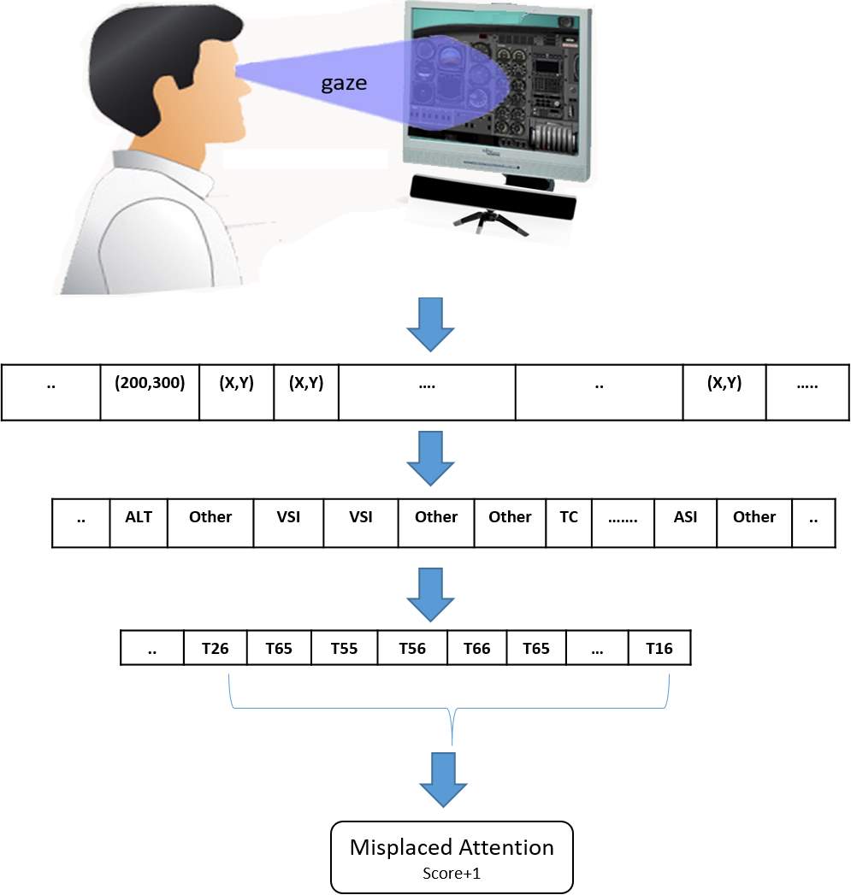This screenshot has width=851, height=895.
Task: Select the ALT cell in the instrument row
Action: coord(139,523)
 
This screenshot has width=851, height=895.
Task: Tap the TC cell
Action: coord(568,523)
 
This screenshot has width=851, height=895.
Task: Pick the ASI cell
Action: coord(685,523)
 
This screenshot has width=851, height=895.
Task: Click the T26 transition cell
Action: coord(216,648)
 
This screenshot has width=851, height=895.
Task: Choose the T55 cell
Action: coord(344,648)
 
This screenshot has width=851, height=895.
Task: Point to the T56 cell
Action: coord(411,648)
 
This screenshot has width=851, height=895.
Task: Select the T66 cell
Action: coord(476,648)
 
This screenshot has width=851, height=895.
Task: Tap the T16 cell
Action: coord(659,648)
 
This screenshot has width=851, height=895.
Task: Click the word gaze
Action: coord(344,84)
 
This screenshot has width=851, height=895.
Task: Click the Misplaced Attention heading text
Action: coord(452,848)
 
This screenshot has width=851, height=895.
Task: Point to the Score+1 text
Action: coord(452,874)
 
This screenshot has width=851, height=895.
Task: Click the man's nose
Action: coord(245,85)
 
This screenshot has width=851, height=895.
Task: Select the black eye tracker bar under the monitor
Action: coord(493,197)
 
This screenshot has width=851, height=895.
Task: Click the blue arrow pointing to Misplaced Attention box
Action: coord(443,780)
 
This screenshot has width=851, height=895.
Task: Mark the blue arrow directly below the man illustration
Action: coord(431,324)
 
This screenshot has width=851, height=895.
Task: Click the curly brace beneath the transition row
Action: coord(449,709)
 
